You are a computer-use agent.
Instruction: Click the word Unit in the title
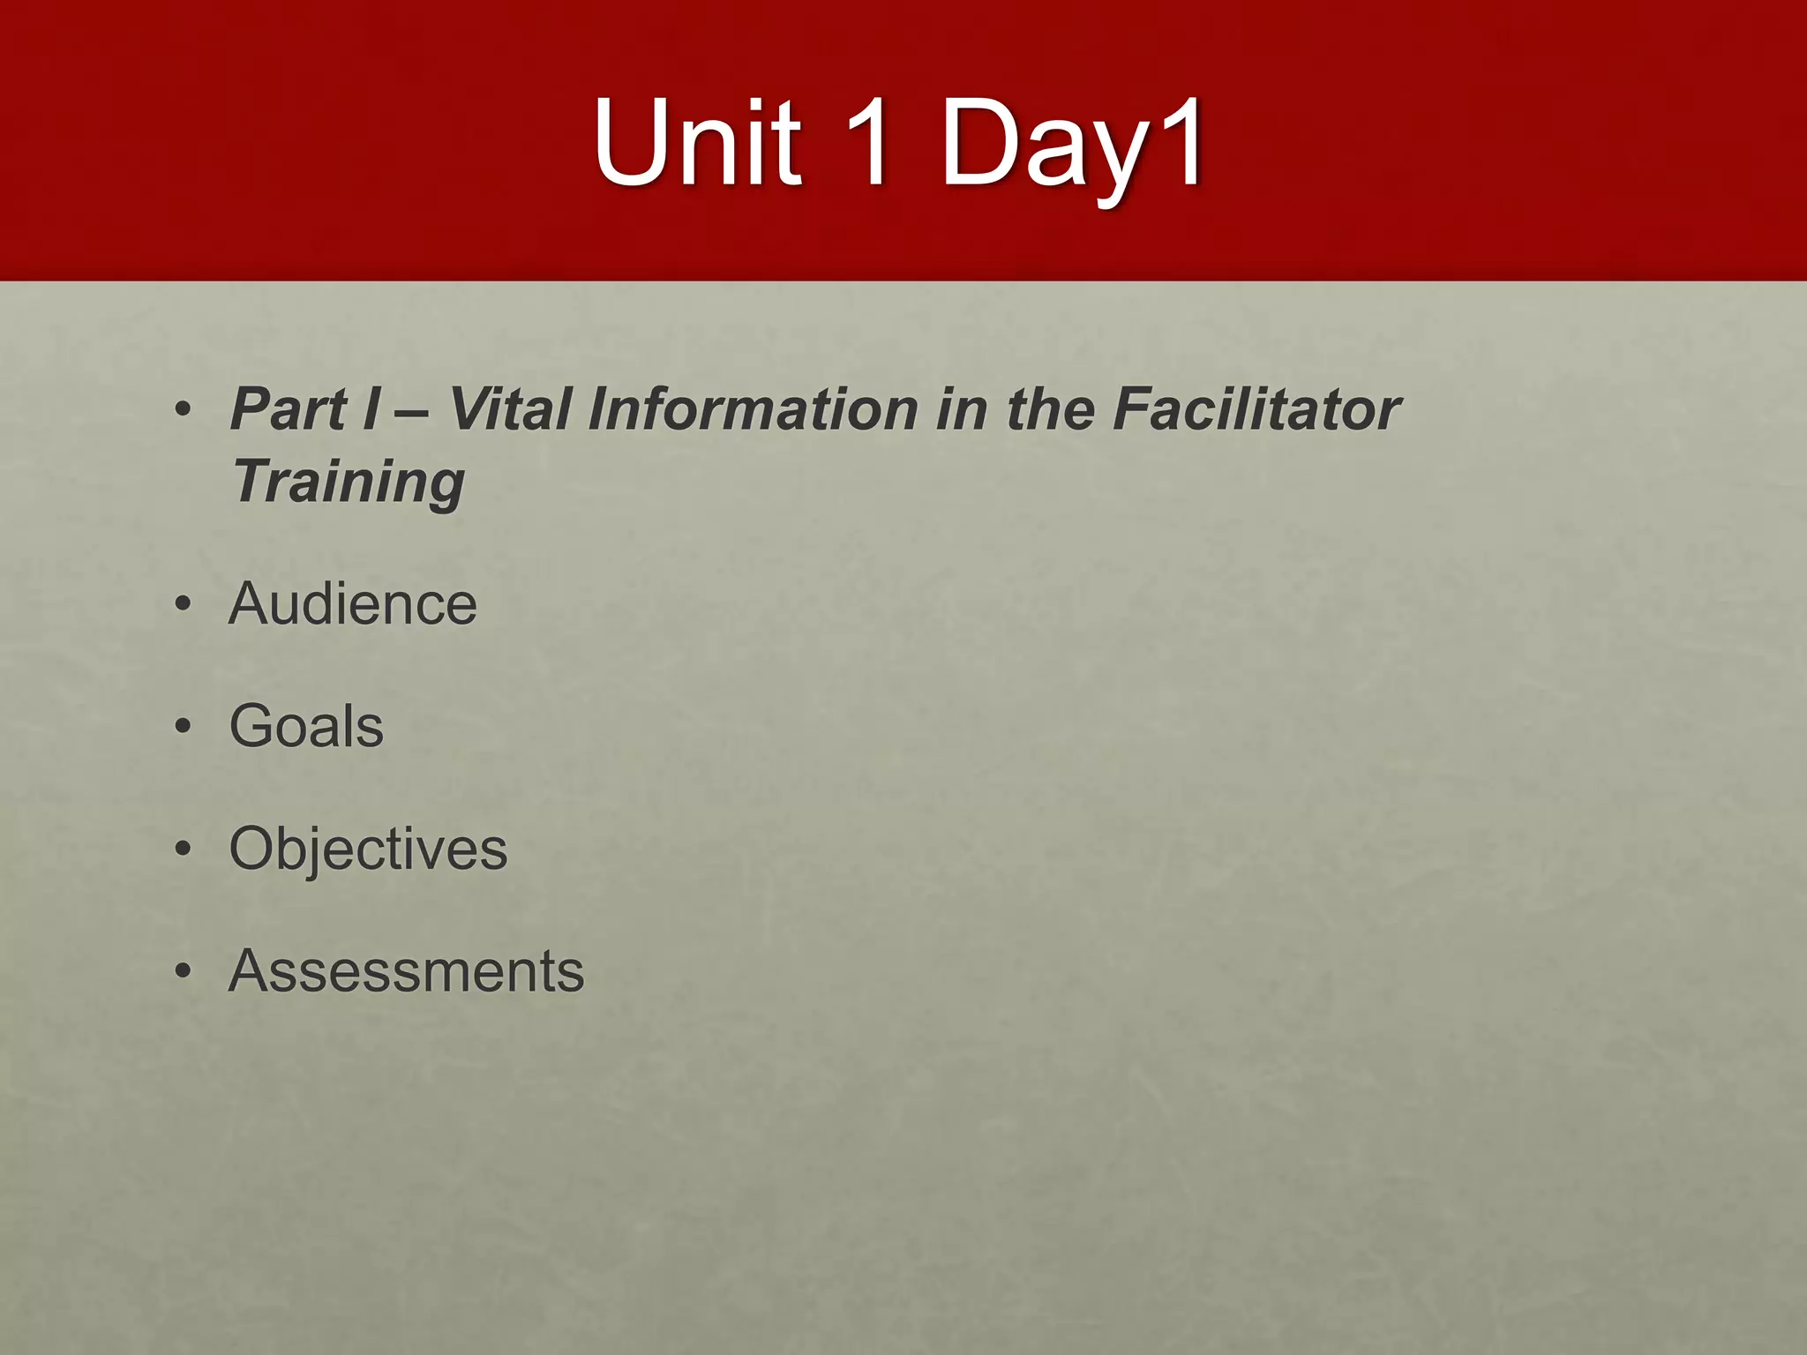[697, 143]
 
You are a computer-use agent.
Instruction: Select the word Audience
[353, 604]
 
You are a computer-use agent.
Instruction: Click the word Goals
[306, 727]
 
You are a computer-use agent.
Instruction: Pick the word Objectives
[368, 850]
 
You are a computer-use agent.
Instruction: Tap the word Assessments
[406, 971]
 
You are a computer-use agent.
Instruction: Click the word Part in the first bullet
[289, 410]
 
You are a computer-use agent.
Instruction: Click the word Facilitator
[1256, 410]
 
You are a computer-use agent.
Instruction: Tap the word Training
[348, 483]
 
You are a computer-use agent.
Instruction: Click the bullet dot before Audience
[183, 605]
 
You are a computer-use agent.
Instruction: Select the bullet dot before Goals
[183, 728]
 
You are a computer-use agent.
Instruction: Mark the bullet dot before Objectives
[183, 850]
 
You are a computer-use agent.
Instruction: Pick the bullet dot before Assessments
[183, 972]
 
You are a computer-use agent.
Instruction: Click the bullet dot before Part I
[183, 411]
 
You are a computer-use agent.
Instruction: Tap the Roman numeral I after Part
[372, 410]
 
